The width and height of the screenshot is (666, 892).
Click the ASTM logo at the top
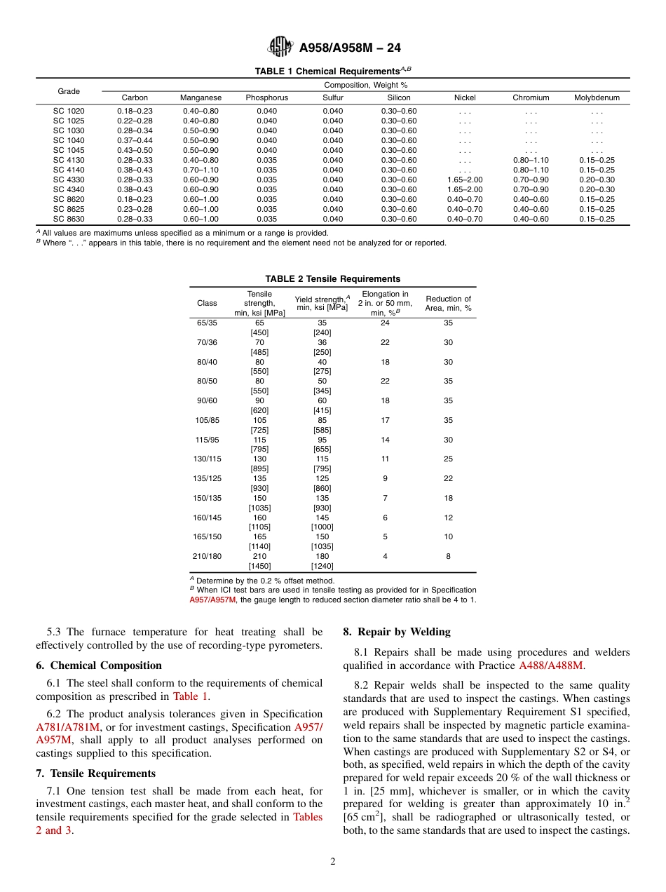click(281, 48)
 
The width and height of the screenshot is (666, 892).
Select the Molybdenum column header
click(597, 98)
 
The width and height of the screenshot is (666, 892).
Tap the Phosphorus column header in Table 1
click(266, 98)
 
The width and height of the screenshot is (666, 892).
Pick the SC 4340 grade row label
click(69, 189)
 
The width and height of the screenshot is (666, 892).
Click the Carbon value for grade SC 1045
click(135, 150)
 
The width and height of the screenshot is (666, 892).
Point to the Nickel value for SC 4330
click(464, 180)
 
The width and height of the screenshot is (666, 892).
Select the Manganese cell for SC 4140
click(201, 170)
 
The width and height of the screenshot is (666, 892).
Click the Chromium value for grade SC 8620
click(531, 199)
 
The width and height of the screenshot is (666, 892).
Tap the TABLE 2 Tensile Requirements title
click(332, 279)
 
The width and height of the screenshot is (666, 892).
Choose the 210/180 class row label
click(207, 556)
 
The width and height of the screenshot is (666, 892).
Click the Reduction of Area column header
click(448, 303)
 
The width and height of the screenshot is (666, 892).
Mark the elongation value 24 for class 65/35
click(385, 323)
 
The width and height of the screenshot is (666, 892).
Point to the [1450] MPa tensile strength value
click(259, 566)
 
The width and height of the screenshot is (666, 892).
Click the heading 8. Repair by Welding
click(397, 632)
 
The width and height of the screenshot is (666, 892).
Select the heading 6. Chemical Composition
click(99, 665)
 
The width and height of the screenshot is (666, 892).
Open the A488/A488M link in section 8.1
click(550, 665)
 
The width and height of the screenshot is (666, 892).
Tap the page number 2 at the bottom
click(333, 862)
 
